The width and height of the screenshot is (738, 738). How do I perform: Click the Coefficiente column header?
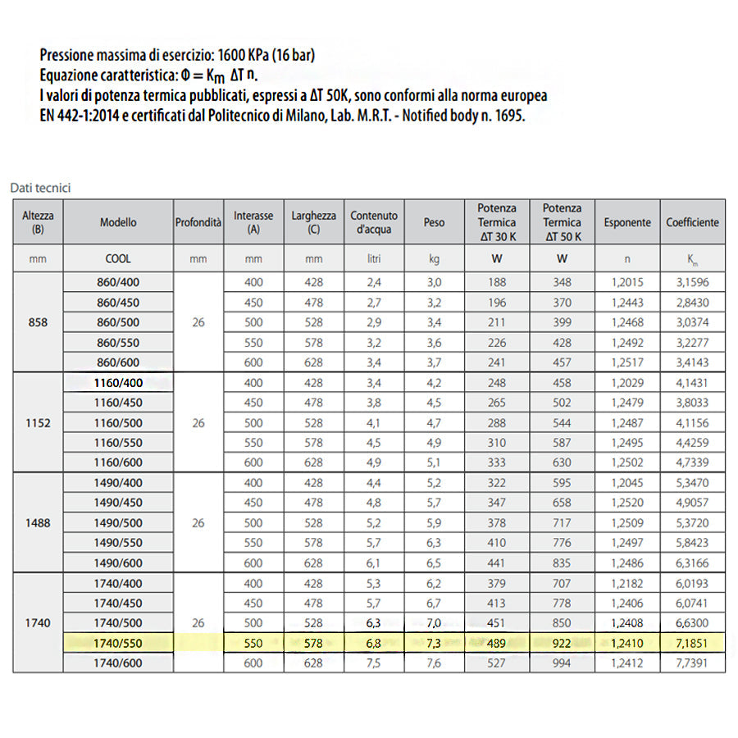coord(692,222)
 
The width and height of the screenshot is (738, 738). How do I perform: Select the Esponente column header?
coord(627,222)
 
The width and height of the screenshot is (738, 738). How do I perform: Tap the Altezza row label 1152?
coord(38,423)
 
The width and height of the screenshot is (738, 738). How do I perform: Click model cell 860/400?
coord(119,282)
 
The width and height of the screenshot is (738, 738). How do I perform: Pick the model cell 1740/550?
coord(119,643)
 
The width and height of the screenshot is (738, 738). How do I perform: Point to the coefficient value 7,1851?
coord(692,643)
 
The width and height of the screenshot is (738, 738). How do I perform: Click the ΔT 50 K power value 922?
coord(562,643)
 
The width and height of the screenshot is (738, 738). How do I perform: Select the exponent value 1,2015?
coord(627,282)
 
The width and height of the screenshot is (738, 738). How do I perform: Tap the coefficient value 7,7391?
coord(692,663)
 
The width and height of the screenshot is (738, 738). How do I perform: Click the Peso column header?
coord(435,222)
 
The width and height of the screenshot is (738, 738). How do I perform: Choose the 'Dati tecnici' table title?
coord(41,188)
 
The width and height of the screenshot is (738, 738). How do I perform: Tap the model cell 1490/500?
coord(119,523)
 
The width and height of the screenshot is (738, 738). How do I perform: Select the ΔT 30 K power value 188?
coord(497,282)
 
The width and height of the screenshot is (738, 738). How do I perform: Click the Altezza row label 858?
coord(38,322)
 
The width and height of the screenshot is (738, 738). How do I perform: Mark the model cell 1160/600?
coord(119,463)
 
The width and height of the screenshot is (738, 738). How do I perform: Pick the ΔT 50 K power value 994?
coord(562,663)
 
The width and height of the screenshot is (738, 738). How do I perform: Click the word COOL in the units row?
coord(119,258)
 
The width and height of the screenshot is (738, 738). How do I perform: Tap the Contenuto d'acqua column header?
coord(374,222)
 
